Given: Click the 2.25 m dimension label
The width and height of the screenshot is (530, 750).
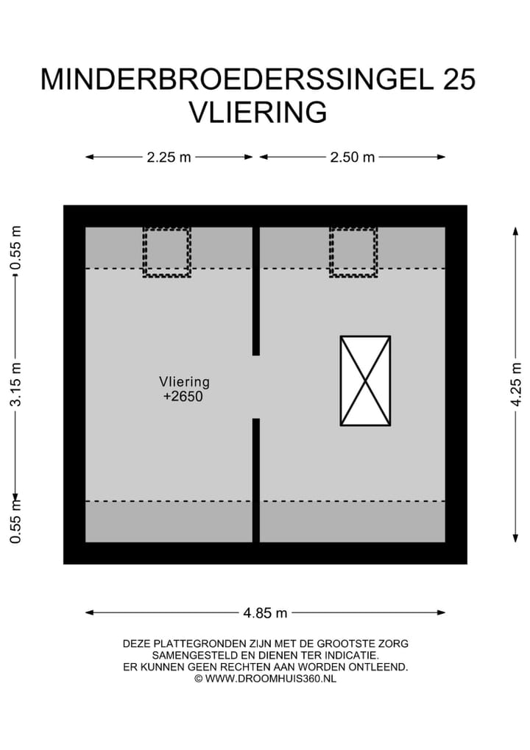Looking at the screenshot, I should point(169,157).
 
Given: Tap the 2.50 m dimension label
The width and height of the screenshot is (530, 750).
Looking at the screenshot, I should point(353,157).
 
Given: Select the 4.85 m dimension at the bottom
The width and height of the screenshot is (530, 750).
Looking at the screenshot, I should point(265,612).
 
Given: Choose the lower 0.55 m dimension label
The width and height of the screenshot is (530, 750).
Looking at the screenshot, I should point(16,520).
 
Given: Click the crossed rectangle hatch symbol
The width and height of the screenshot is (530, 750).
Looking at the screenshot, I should point(365,381).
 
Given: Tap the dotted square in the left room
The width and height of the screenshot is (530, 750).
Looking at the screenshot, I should point(167,252).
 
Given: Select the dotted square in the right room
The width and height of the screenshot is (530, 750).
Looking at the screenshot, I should point(353,252).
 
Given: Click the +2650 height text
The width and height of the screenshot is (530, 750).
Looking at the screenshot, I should point(183,397).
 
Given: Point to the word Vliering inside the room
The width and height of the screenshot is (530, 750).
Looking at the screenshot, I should point(184,382).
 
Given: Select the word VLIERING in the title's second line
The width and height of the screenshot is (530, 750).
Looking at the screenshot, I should point(258,113).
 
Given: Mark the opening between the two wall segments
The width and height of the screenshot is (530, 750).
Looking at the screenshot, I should point(256,387).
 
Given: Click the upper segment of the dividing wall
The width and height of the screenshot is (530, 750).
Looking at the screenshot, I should point(256,291).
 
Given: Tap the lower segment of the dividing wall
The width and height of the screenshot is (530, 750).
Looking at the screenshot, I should point(256,480).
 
